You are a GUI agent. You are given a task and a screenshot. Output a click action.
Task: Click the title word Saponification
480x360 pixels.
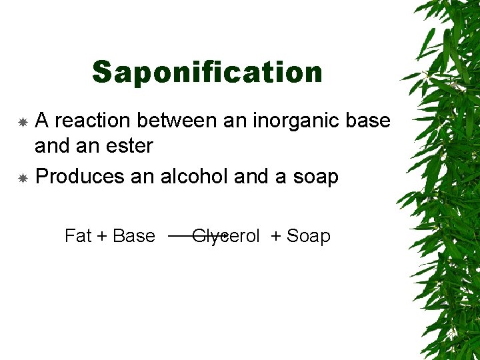(x=207, y=72)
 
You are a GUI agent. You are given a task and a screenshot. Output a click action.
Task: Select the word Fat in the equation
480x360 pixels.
(x=78, y=236)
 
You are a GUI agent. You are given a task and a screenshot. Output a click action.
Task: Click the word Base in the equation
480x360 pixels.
(x=134, y=236)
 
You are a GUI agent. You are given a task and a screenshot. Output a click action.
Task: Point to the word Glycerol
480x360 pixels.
(x=226, y=236)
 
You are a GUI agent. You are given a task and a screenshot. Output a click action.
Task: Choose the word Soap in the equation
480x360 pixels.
(x=309, y=236)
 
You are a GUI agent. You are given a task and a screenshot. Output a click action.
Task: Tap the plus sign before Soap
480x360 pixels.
(x=276, y=237)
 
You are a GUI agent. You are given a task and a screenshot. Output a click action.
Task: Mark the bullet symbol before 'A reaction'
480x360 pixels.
(x=23, y=122)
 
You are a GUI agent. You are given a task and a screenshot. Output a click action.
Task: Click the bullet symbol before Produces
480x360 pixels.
(x=23, y=178)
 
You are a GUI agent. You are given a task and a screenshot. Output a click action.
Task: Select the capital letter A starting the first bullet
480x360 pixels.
(x=41, y=121)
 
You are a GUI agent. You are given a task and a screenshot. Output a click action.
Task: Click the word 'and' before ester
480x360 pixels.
(x=51, y=145)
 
